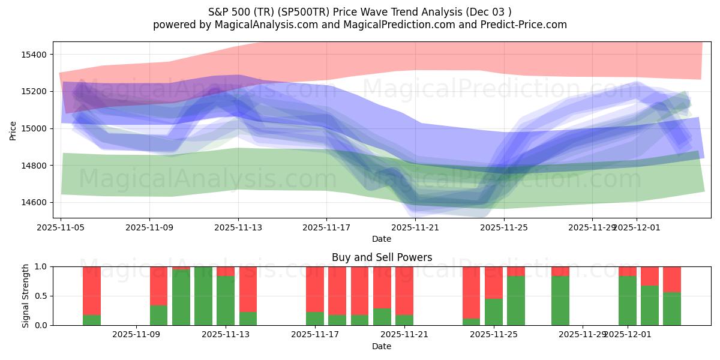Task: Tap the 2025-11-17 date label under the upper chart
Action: (326, 227)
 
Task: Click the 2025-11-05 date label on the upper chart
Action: (61, 227)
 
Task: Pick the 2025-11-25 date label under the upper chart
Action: (503, 227)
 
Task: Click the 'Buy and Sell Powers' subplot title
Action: (382, 257)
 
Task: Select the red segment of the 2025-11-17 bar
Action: (315, 289)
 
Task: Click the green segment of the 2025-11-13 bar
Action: (226, 301)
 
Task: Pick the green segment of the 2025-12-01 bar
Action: (628, 301)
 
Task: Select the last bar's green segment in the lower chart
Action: (672, 308)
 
